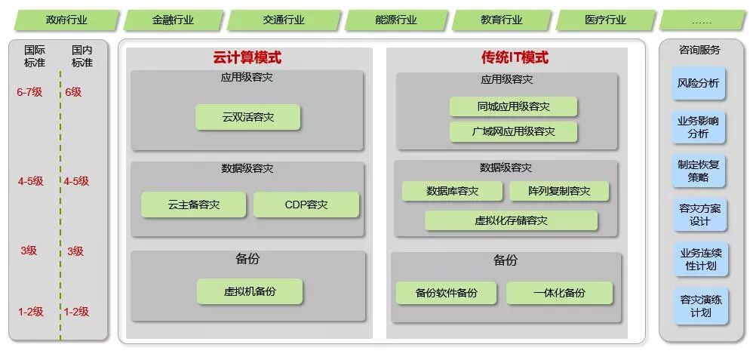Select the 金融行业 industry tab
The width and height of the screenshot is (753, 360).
click(x=173, y=20)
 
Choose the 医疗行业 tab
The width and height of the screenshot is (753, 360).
click(x=605, y=20)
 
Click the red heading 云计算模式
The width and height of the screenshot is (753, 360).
click(x=247, y=57)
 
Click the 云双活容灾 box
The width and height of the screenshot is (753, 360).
click(x=247, y=117)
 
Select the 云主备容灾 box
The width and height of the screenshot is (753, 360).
click(x=194, y=205)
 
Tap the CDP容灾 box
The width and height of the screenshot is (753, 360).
click(x=306, y=205)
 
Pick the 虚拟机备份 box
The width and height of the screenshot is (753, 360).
click(x=250, y=291)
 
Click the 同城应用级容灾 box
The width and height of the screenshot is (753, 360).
click(x=513, y=106)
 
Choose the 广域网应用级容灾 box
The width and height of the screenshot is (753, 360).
click(x=513, y=131)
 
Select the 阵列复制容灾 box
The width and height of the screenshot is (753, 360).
click(x=559, y=191)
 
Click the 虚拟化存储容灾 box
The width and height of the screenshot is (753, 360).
click(x=511, y=220)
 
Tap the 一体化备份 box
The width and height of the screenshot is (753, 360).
click(x=558, y=293)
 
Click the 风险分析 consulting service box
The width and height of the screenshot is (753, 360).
click(x=699, y=83)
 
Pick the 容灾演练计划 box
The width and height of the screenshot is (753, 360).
click(x=699, y=306)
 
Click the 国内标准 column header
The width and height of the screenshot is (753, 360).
click(x=82, y=57)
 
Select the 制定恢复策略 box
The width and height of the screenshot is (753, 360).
click(x=699, y=171)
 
